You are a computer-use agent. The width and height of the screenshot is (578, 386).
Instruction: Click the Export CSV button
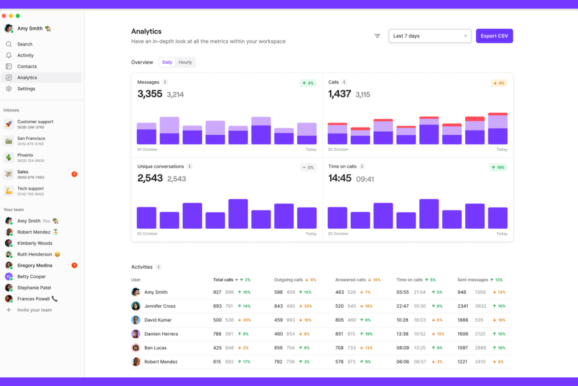coord(494,36)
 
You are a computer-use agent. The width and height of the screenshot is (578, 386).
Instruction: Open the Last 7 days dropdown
coord(430,36)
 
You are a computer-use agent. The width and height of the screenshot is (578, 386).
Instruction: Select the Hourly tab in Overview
coord(185,62)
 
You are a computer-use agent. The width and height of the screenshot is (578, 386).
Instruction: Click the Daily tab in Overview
coord(167,62)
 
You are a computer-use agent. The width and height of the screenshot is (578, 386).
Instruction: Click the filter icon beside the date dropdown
coord(377,36)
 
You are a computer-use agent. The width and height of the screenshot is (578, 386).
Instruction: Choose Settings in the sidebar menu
coord(26,89)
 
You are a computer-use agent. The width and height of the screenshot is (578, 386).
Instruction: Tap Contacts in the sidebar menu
coord(27,66)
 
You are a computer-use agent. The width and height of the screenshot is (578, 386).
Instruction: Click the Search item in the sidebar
coord(25,44)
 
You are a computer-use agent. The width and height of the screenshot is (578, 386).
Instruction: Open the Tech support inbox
coord(30,191)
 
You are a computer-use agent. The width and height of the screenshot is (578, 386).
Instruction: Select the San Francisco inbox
coord(31,141)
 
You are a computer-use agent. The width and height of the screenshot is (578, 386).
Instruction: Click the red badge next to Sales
coord(74,174)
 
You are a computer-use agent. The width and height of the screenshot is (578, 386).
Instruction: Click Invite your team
coord(34,310)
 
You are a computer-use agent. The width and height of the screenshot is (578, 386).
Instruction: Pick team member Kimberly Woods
coord(34,243)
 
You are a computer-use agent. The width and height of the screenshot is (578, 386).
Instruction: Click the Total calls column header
coord(223,280)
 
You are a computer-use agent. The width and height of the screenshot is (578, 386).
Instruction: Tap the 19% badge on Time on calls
coord(498,167)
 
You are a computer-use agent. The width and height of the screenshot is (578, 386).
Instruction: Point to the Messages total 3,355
coord(150,94)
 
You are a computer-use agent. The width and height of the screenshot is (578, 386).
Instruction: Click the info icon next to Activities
coord(159,267)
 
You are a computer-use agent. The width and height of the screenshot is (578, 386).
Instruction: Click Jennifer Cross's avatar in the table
coord(136,306)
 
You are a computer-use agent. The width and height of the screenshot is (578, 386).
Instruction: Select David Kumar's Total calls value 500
coord(217,320)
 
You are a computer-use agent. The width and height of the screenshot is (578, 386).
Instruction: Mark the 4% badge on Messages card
coord(308,83)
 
